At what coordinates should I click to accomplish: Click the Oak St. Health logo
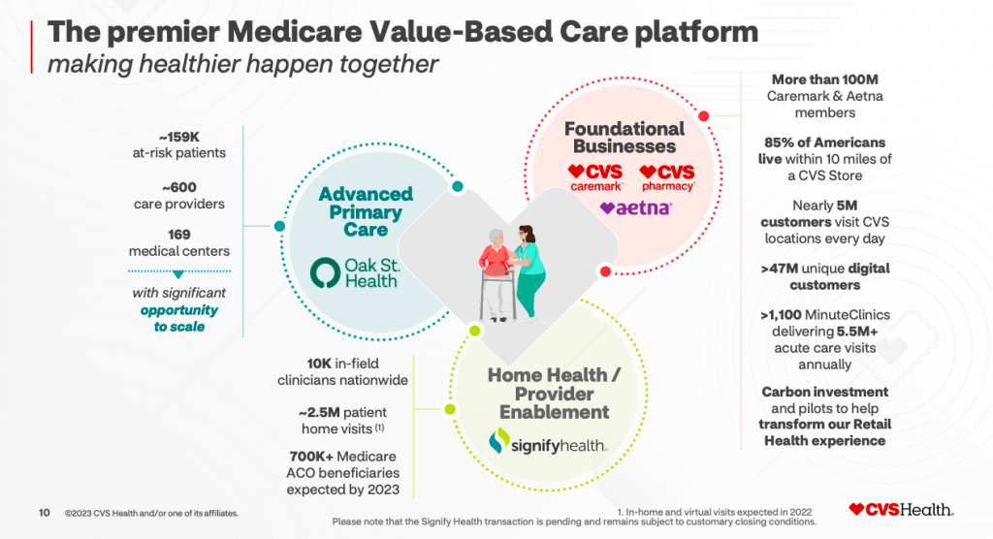[353, 272]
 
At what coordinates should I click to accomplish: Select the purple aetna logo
[635, 207]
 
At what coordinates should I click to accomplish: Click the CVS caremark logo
[595, 177]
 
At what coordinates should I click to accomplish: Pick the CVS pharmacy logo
[668, 177]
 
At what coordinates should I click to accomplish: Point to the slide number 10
[44, 512]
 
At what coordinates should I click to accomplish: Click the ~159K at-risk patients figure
[179, 143]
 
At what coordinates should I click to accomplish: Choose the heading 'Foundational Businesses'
[624, 138]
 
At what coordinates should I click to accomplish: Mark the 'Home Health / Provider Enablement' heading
[549, 394]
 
